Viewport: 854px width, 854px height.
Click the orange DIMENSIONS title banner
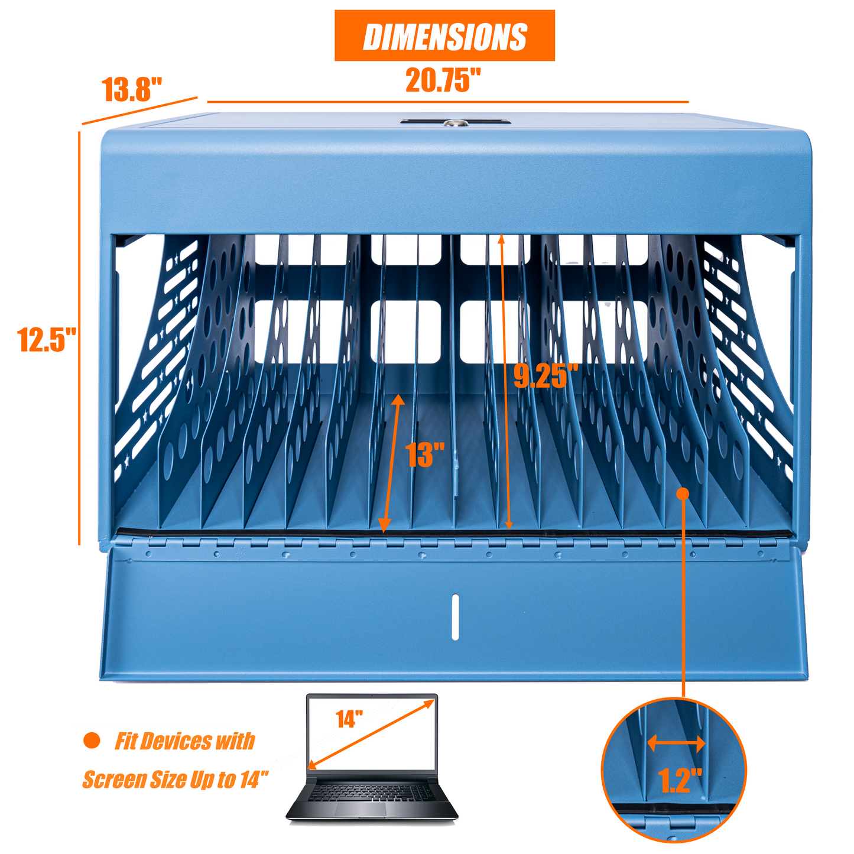click(444, 35)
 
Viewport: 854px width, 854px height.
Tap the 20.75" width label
click(443, 80)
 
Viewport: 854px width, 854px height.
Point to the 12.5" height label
click(47, 339)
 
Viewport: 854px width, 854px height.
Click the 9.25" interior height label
click(547, 376)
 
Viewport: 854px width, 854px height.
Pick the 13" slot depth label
click(424, 454)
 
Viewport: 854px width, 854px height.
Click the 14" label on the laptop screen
click(349, 719)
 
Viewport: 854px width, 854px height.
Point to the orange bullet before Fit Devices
click(92, 740)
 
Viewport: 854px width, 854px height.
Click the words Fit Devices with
click(185, 741)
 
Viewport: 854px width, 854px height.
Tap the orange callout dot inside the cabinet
click(683, 493)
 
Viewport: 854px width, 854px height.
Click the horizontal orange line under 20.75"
click(447, 102)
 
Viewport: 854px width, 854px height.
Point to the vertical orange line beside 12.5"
click(79, 338)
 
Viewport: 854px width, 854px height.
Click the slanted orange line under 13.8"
click(139, 111)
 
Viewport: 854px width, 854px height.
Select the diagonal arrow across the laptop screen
click(371, 733)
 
